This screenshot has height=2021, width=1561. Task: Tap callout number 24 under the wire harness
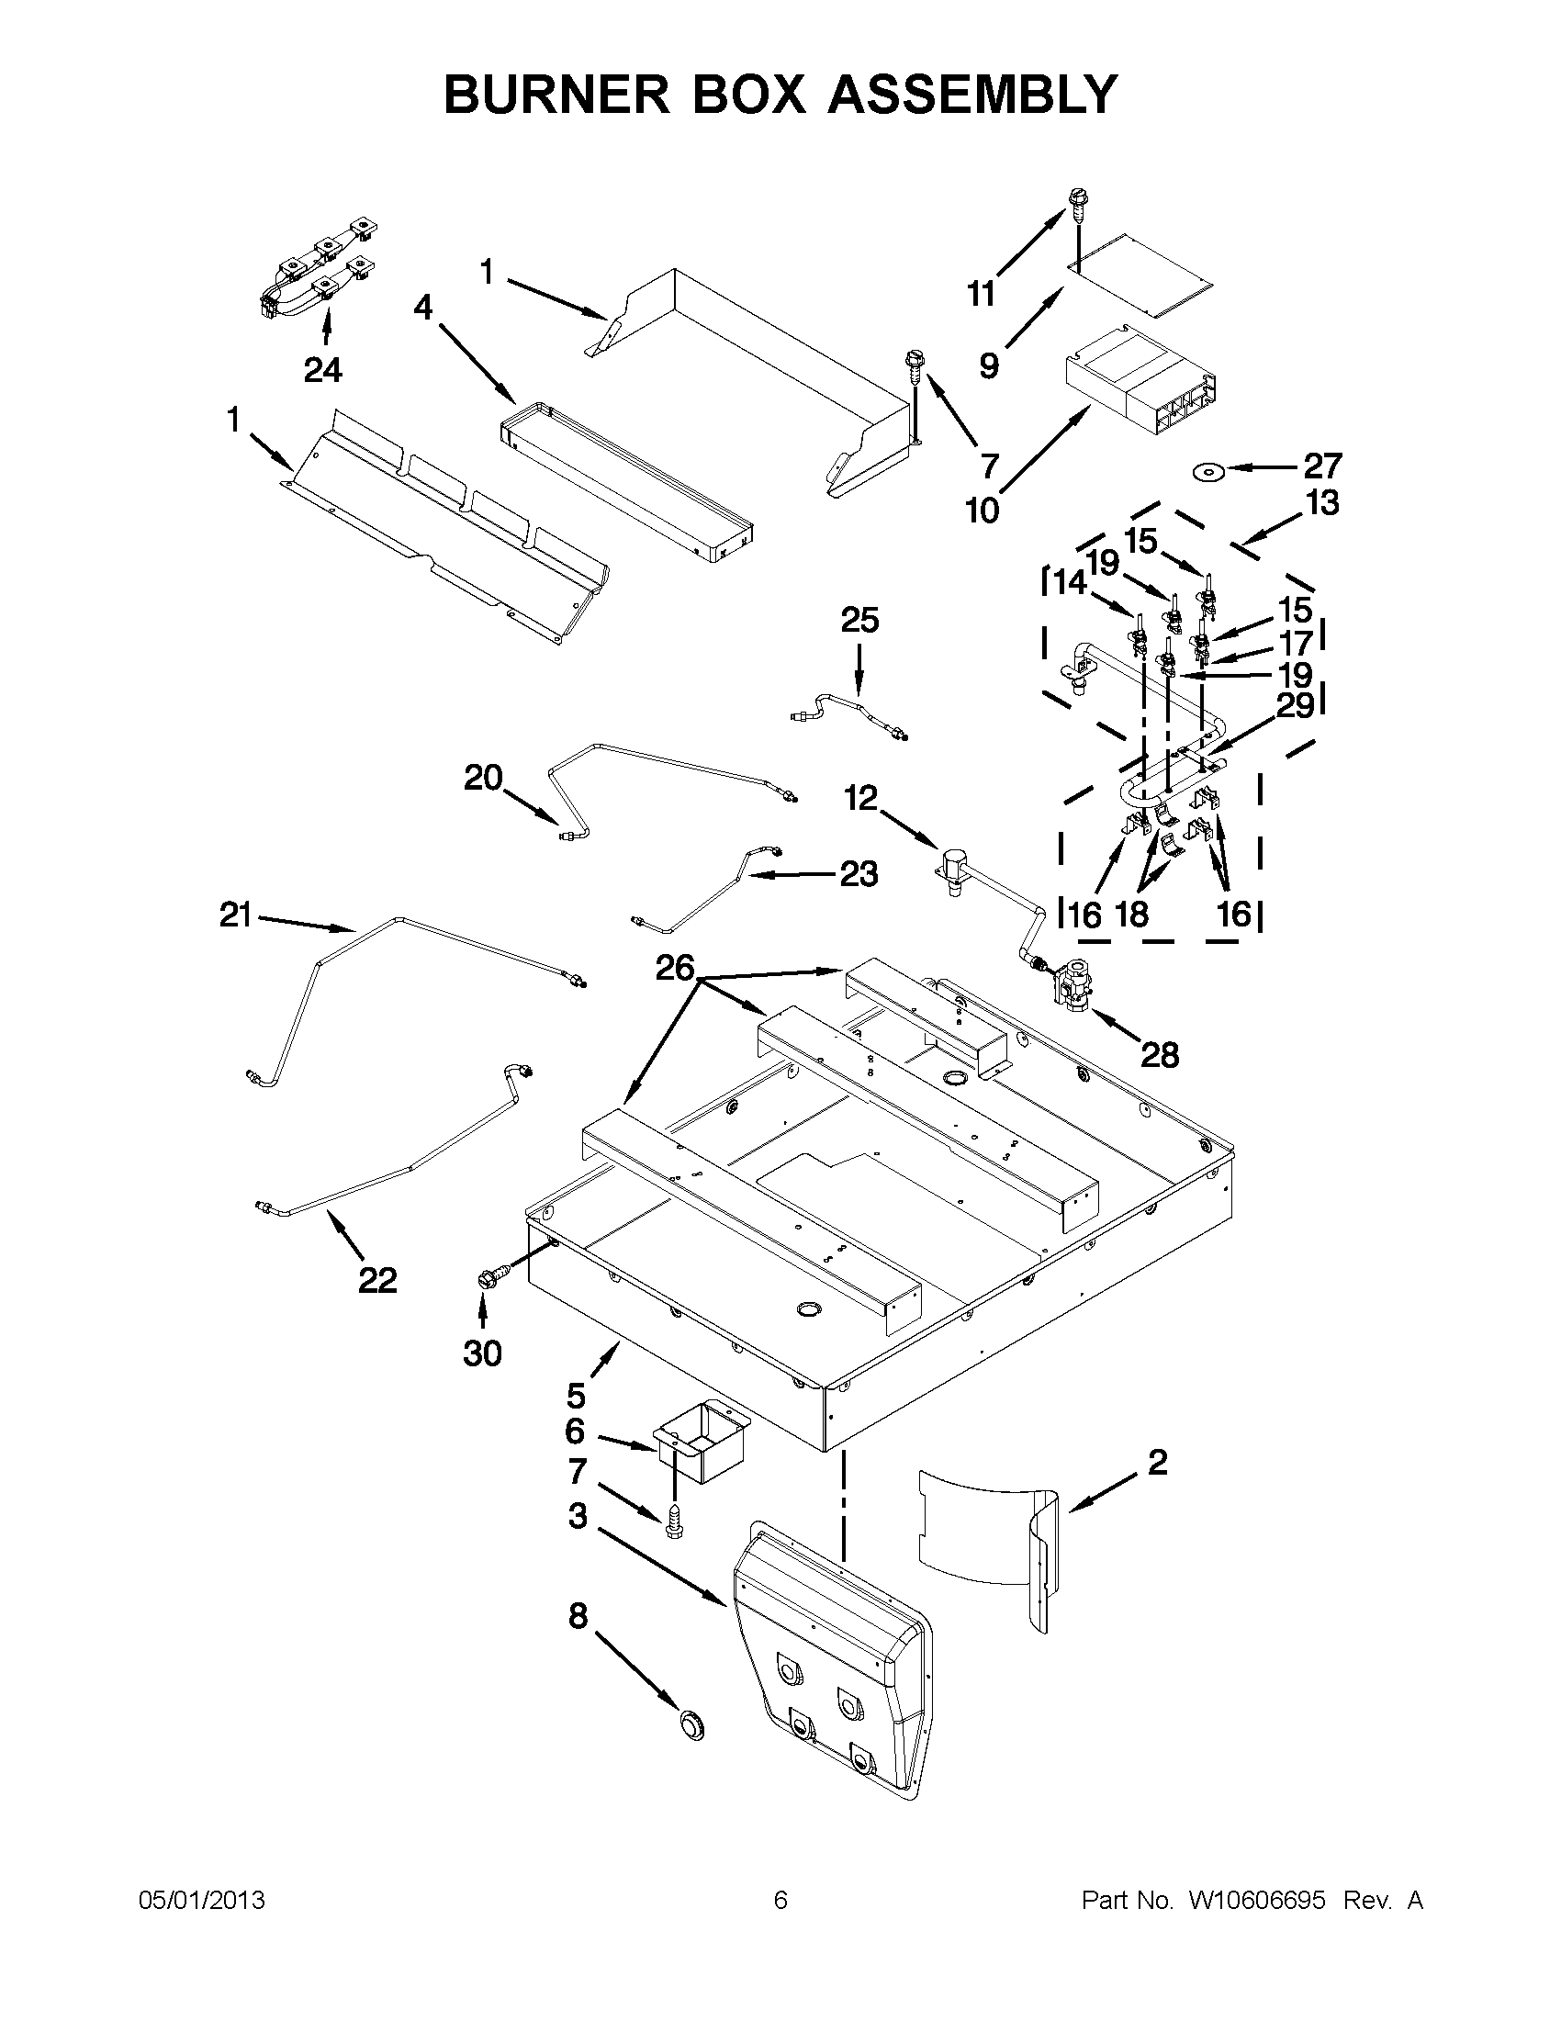point(323,370)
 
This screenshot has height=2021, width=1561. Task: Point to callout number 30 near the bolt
point(482,1353)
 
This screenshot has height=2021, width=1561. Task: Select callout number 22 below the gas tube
point(377,1280)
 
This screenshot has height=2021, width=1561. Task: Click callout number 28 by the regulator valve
point(1159,1054)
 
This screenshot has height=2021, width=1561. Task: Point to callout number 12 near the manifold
point(860,798)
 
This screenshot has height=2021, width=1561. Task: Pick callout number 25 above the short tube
point(859,620)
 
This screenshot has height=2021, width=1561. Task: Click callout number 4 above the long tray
point(423,308)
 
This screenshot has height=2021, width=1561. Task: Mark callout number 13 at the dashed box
point(1323,503)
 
